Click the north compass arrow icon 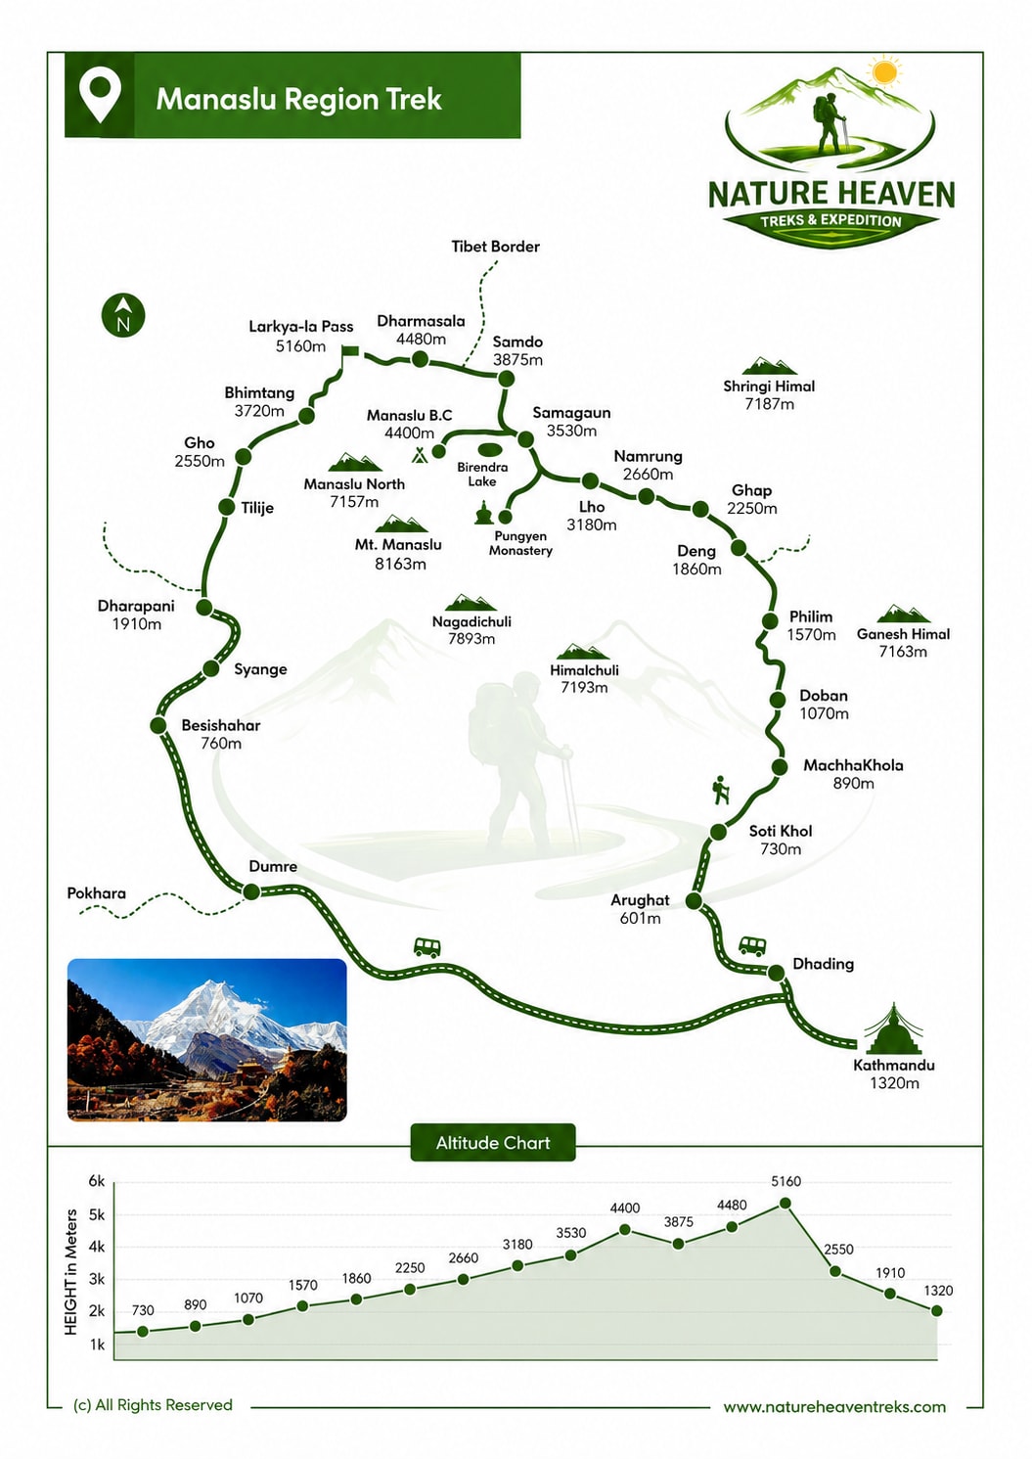[x=123, y=316]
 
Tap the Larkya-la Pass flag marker [x=349, y=351]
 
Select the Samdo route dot [x=506, y=378]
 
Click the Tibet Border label [x=496, y=247]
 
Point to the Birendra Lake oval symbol [x=489, y=449]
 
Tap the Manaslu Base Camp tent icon [x=419, y=454]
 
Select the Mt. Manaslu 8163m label [x=398, y=554]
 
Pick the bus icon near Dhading [x=752, y=945]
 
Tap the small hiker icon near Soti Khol [x=721, y=790]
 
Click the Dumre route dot [x=251, y=891]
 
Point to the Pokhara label [x=97, y=893]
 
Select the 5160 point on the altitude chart [x=785, y=1203]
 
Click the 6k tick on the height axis [x=97, y=1181]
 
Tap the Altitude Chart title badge [x=493, y=1143]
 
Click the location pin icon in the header [x=100, y=95]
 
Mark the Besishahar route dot [x=157, y=725]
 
